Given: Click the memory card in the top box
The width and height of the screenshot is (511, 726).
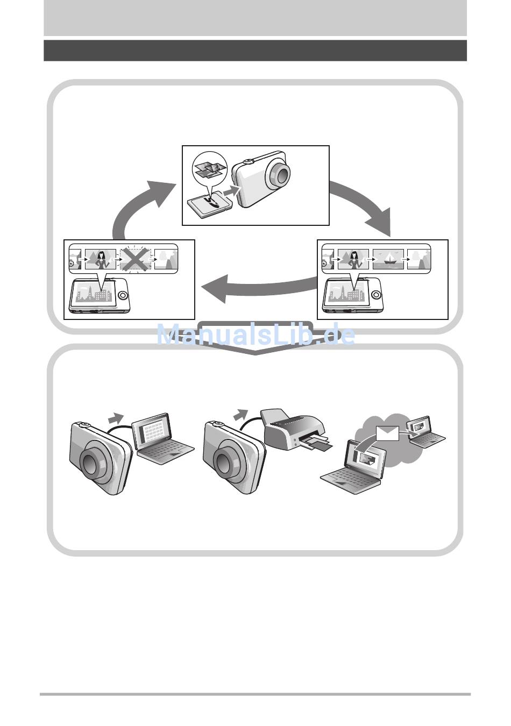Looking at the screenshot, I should [x=209, y=205].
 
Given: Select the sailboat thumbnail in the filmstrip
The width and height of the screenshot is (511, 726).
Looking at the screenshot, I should [x=387, y=259].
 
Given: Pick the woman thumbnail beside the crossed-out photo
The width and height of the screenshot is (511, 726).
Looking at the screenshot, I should [x=100, y=260].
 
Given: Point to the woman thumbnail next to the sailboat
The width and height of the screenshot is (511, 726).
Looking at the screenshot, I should [x=353, y=259].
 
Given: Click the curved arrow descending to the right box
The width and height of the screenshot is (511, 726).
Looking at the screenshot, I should [x=366, y=207].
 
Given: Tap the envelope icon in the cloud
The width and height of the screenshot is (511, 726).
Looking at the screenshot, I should [x=387, y=432].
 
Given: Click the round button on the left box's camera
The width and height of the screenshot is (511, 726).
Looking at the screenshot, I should [x=123, y=295].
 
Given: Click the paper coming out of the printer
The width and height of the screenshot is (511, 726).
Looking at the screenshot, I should [x=317, y=445].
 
